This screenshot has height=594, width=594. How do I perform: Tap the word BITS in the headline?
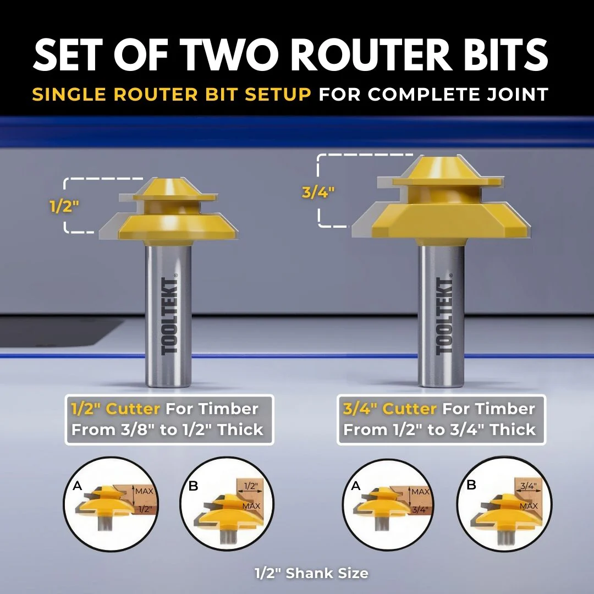coord(506,55)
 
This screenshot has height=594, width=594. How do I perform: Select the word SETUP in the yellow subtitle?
coord(278,95)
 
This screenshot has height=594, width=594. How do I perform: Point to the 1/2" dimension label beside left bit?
coord(64,206)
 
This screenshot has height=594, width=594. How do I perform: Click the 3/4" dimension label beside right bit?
coord(318,193)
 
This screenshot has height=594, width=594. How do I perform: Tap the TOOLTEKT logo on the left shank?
coord(169,316)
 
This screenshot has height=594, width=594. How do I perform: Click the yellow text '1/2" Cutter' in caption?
coord(116,409)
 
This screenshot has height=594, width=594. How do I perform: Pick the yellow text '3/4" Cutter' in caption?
coord(390,409)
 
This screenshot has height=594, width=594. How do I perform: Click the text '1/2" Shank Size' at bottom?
coord(311,573)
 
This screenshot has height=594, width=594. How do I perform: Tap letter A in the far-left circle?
coord(78,485)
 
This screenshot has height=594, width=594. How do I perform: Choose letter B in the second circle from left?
coord(193,486)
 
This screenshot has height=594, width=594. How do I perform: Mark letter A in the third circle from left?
coord(355,485)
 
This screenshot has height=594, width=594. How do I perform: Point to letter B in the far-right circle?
coord(471,485)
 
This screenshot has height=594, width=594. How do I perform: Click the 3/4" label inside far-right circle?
coord(529,486)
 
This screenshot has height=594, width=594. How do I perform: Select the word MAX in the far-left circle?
coord(144,491)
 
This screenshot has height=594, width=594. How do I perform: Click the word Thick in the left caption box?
coord(240,430)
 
